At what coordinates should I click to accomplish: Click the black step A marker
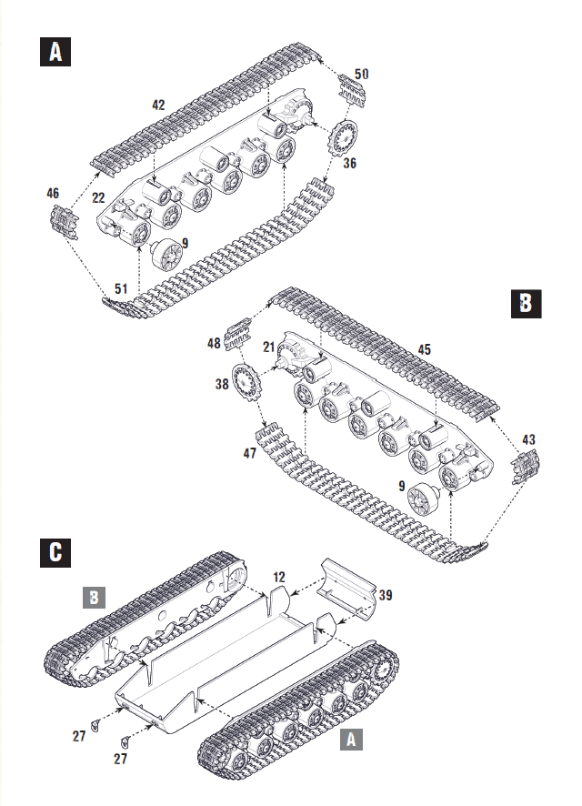coord(56,53)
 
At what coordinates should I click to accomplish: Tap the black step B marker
coord(524,303)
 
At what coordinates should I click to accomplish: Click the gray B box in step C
coord(95,598)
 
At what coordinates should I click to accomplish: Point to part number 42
coord(158,106)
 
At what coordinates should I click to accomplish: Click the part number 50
coord(361,73)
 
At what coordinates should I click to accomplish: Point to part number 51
coord(121,288)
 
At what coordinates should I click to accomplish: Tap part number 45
coord(424,349)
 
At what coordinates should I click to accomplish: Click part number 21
coord(269,347)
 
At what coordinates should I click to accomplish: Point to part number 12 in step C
coord(278,577)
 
